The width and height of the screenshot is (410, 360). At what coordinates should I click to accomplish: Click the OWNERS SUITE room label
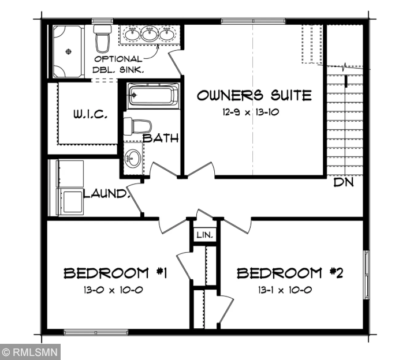click(x=254, y=95)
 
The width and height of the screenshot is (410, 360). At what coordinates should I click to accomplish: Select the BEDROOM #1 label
click(x=115, y=273)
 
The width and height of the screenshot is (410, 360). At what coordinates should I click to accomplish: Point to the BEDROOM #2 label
click(x=290, y=273)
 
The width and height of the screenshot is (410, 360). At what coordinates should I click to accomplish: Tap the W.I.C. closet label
click(x=90, y=114)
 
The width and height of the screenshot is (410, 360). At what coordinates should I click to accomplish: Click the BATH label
click(x=161, y=138)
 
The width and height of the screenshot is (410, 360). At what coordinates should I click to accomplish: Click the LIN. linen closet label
click(x=204, y=235)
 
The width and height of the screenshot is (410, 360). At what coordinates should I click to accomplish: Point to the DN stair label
click(x=344, y=183)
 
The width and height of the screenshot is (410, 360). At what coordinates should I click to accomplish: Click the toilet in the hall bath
click(x=139, y=125)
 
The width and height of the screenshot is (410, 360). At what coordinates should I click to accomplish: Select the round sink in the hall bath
click(x=133, y=157)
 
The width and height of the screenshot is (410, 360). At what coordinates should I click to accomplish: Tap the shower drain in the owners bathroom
click(x=69, y=51)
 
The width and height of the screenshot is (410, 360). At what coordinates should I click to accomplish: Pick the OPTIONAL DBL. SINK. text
click(x=118, y=64)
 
